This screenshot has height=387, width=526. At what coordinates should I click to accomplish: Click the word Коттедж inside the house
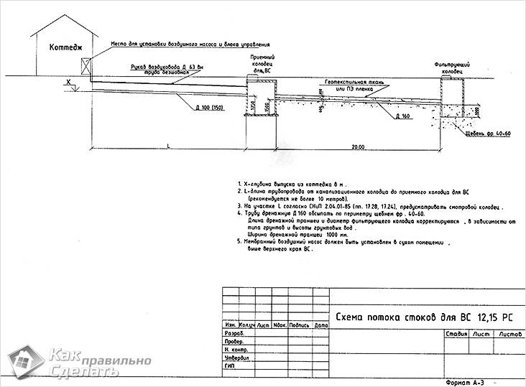coord(66,48)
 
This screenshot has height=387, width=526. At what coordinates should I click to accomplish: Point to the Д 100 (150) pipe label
coord(208,108)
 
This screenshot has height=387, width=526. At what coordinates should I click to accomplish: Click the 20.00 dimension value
coord(357,146)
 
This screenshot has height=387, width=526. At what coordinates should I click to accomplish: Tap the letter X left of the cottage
coord(69,83)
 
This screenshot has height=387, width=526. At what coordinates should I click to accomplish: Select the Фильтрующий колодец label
coord(452,68)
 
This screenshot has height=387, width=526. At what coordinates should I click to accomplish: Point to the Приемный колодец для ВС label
coord(262,64)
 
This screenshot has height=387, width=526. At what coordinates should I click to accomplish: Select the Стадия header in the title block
coord(457,334)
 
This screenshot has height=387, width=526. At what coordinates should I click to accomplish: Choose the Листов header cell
coord(509,334)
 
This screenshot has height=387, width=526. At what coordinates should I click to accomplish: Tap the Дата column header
coord(320,326)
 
